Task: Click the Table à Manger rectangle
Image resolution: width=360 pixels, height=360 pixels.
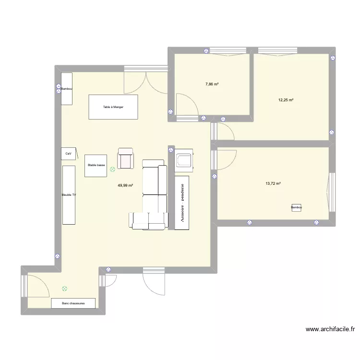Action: [113, 107]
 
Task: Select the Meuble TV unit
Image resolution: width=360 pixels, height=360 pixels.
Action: [69, 195]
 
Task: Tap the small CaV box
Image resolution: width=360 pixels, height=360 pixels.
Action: [68, 154]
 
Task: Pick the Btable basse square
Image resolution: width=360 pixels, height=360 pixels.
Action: [96, 166]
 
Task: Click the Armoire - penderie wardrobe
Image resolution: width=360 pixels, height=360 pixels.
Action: [182, 202]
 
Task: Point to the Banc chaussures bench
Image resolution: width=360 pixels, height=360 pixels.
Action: [73, 303]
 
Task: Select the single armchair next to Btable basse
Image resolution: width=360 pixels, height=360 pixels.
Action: [126, 158]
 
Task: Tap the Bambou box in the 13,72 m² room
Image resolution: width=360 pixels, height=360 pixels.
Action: [296, 207]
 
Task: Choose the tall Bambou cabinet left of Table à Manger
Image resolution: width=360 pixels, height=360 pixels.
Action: [67, 88]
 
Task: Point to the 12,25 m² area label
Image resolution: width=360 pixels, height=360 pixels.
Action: [286, 100]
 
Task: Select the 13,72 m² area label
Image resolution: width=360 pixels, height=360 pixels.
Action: [273, 183]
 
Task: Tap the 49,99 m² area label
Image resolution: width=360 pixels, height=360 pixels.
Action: [125, 185]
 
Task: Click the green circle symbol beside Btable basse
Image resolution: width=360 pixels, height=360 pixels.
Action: [112, 169]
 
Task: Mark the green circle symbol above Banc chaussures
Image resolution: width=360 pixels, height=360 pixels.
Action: [64, 289]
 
